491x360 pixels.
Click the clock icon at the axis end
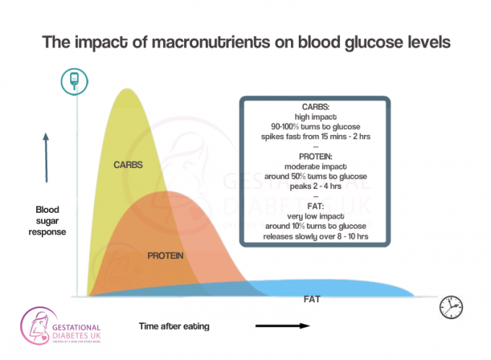(451, 306)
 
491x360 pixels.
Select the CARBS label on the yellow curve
(129, 164)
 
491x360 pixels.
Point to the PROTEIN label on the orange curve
(165, 256)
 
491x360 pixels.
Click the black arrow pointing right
(282, 326)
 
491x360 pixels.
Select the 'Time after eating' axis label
(174, 326)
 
